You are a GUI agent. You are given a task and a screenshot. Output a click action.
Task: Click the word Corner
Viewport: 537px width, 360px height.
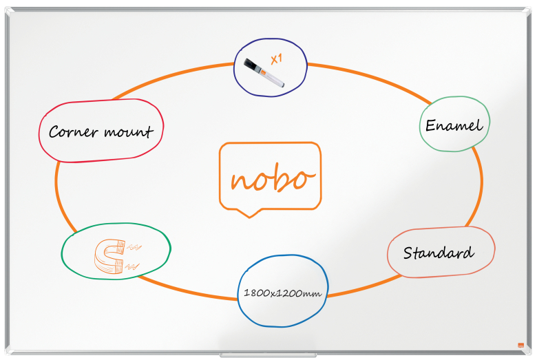[73, 132]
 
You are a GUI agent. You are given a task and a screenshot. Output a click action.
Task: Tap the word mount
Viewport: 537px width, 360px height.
[128, 132]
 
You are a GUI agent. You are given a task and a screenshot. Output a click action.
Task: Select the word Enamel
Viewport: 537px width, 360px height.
[454, 125]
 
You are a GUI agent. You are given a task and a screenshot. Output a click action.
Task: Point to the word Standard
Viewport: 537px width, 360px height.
[439, 253]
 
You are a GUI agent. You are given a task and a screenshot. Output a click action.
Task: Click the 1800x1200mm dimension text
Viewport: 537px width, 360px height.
[282, 293]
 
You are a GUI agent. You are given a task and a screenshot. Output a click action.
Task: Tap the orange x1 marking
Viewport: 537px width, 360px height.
[276, 59]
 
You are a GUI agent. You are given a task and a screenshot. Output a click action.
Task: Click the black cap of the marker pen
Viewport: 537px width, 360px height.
[251, 65]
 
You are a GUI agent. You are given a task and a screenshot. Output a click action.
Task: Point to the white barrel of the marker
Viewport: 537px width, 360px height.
[272, 78]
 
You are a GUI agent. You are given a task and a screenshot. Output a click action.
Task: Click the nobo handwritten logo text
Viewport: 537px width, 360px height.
[273, 178]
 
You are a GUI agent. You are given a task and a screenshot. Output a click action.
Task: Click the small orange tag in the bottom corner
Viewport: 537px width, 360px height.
[521, 346]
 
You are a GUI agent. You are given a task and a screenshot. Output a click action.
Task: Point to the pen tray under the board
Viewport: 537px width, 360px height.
[268, 355]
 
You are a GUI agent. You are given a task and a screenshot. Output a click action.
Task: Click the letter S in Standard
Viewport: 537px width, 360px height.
[408, 253]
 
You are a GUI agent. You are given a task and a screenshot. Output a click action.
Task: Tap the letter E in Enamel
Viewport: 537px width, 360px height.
[431, 125]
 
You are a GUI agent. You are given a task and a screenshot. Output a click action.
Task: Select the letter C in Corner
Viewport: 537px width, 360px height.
[55, 132]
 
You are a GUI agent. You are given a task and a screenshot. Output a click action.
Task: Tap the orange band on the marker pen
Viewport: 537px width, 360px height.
[262, 72]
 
